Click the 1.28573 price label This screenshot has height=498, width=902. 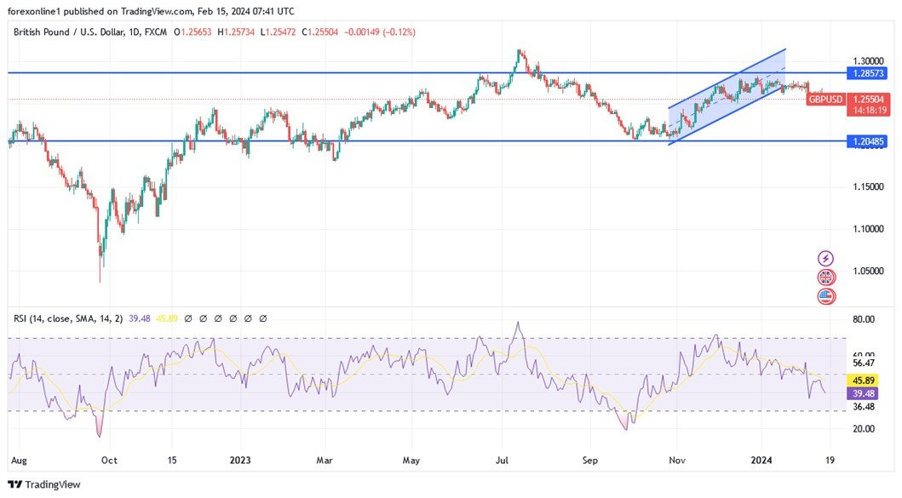click(870, 73)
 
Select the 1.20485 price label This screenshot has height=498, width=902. click(870, 141)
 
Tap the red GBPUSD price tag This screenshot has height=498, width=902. click(825, 99)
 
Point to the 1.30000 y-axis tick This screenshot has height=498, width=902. click(870, 61)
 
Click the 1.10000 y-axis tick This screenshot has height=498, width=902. click(870, 229)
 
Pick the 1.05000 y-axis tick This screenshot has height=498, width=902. click(870, 272)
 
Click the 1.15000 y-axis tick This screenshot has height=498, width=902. click(870, 186)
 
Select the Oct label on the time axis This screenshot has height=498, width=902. click(109, 460)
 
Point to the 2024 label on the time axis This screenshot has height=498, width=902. click(767, 460)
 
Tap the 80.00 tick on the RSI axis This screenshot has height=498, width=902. click(864, 319)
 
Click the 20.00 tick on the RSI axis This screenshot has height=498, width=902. click(864, 428)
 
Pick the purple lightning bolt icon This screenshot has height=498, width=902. click(825, 258)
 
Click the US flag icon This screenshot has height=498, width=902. click(825, 296)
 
